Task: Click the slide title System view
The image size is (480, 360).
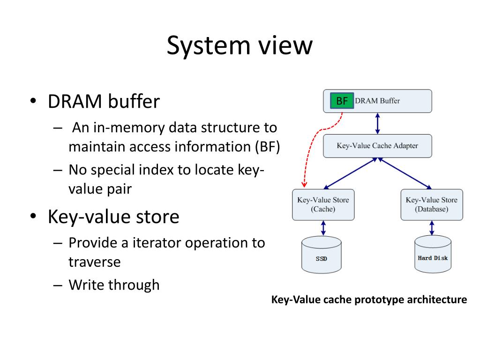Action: [x=240, y=45]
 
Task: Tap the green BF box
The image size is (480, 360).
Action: [x=342, y=101]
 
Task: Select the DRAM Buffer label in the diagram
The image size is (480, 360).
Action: [x=377, y=101]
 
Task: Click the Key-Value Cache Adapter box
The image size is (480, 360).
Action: [x=377, y=146]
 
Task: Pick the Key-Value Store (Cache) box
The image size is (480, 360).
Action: [x=323, y=204]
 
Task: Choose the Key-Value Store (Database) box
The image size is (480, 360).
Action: [x=432, y=204]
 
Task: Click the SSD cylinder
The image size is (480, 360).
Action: [x=322, y=255]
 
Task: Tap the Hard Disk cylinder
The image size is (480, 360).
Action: [x=433, y=254]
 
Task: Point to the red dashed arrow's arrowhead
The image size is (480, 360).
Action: [x=304, y=185]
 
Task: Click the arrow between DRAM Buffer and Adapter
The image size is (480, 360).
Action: [x=377, y=123]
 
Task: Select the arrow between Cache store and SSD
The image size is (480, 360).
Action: [x=323, y=228]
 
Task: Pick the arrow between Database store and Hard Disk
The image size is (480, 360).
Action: [x=432, y=228]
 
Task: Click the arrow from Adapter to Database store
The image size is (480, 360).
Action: [x=405, y=173]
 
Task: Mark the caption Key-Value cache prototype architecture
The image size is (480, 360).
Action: [x=369, y=300]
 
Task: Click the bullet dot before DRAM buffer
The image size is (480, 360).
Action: [x=33, y=101]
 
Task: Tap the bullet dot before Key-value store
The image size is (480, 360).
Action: [x=33, y=216]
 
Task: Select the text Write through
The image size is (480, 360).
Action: [x=114, y=285]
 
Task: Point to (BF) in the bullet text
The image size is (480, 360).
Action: [x=268, y=147]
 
